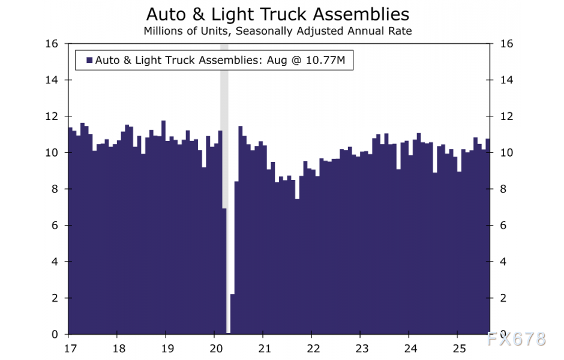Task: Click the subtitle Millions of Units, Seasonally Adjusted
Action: [x=278, y=31]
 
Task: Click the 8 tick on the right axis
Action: [x=498, y=189]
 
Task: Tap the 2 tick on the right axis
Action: [x=498, y=298]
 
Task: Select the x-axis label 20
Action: [x=216, y=349]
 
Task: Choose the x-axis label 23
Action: [x=361, y=349]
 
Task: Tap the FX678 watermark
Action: [x=517, y=339]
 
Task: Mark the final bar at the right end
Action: [x=488, y=240]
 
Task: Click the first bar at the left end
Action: [x=70, y=240]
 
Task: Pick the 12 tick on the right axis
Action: [x=500, y=116]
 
